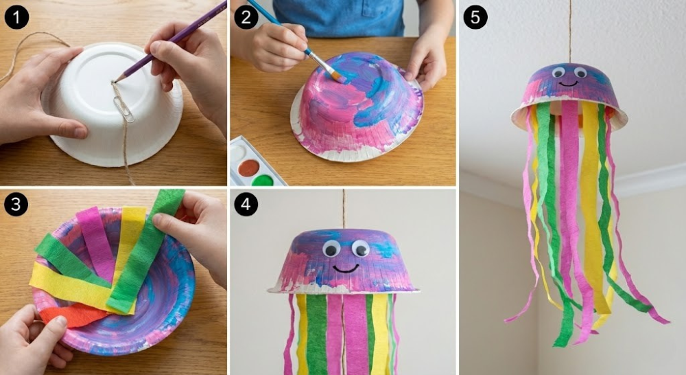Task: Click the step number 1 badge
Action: (16, 18)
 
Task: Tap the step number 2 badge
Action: (246, 18)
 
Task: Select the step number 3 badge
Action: (16, 205)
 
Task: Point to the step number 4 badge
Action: (246, 205)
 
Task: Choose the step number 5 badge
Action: (475, 18)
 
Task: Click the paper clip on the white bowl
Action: (125, 109)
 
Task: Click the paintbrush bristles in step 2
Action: (337, 76)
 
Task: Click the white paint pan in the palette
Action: (239, 153)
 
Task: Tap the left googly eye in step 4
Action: (331, 249)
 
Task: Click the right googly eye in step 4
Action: (361, 249)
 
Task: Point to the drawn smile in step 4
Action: (346, 269)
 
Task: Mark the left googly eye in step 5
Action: (558, 72)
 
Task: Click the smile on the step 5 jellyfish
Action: (568, 84)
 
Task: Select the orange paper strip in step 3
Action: (72, 315)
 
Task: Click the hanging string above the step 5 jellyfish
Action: (570, 32)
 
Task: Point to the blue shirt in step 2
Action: (339, 18)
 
